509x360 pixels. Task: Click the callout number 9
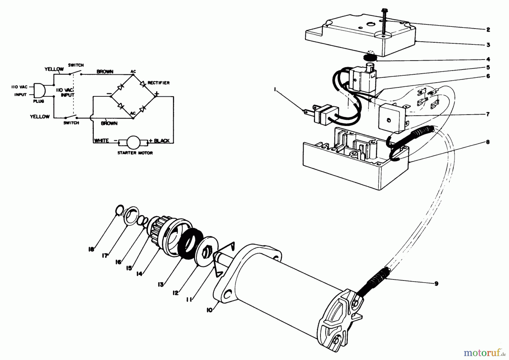(436, 284)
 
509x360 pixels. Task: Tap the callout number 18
(91, 250)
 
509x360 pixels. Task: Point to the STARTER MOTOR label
(135, 153)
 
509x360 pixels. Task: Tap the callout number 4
(488, 60)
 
